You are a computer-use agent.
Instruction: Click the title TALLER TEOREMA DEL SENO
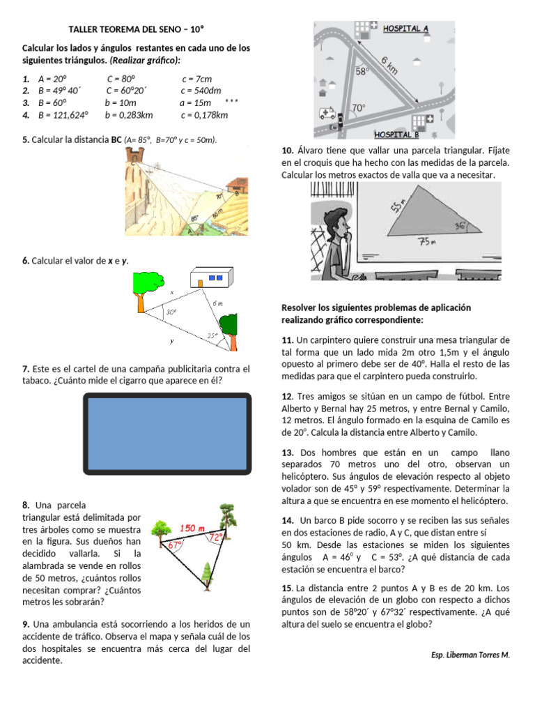click(x=137, y=29)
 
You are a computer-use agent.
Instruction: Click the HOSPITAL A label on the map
click(x=405, y=29)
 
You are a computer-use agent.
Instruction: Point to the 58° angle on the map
click(x=362, y=71)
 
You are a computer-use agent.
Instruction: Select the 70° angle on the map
click(x=358, y=108)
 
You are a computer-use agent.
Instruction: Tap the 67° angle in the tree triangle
click(x=176, y=546)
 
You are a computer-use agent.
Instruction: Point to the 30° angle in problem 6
click(x=171, y=313)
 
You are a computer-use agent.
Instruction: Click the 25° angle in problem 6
click(x=212, y=335)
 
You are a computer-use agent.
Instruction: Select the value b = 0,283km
click(x=129, y=115)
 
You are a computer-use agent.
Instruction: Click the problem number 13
click(x=288, y=453)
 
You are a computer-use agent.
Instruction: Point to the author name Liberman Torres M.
click(x=470, y=655)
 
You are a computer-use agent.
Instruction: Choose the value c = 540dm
click(x=201, y=90)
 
